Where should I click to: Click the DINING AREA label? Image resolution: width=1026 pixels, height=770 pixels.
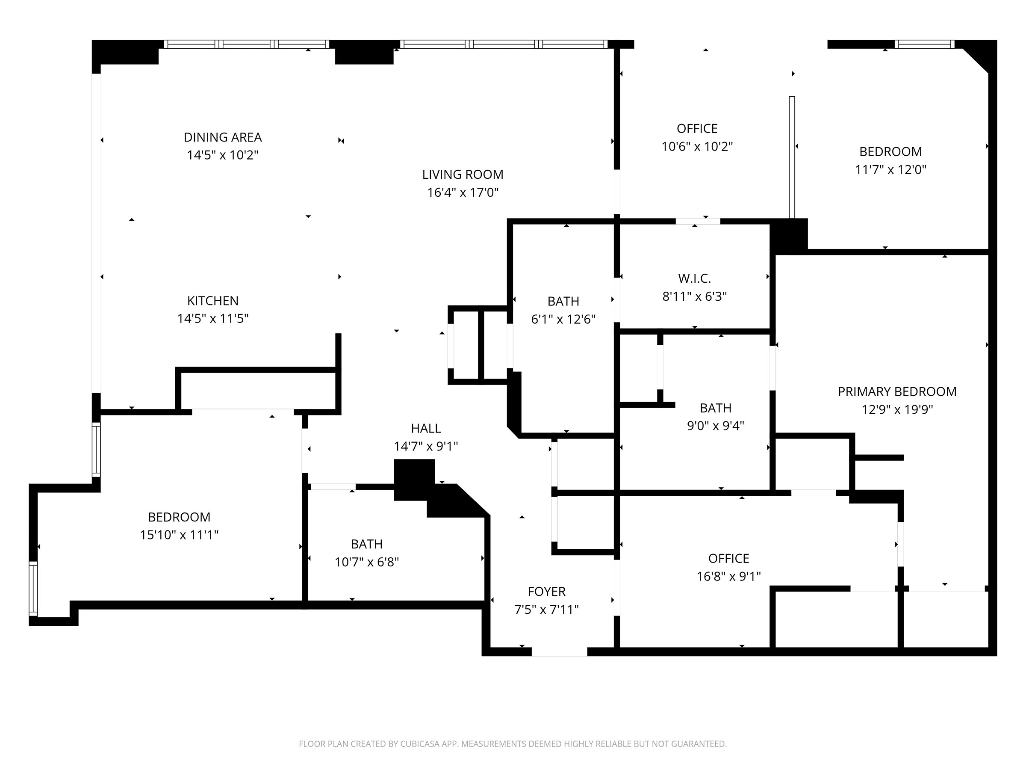[x=223, y=137]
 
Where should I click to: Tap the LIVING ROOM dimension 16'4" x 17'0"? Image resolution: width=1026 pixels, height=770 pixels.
[x=463, y=192]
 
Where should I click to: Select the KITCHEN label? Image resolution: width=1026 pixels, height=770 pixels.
[x=212, y=301]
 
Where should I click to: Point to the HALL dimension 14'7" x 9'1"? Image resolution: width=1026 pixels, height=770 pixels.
[x=425, y=446]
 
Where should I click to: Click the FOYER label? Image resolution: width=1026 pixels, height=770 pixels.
[x=546, y=592]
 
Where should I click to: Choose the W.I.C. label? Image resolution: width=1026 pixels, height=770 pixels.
[x=694, y=278]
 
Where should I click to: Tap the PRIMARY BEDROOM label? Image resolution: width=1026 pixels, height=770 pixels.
[x=896, y=392]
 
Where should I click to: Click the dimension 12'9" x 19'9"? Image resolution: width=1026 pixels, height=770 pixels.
[x=896, y=409]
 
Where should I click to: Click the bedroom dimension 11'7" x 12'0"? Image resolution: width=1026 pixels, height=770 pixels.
[x=890, y=169]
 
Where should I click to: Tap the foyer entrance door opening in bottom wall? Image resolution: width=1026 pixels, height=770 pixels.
[x=559, y=652]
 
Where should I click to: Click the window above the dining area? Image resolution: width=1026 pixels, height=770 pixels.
[x=246, y=44]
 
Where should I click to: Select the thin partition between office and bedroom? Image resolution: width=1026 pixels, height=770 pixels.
[x=792, y=157]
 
